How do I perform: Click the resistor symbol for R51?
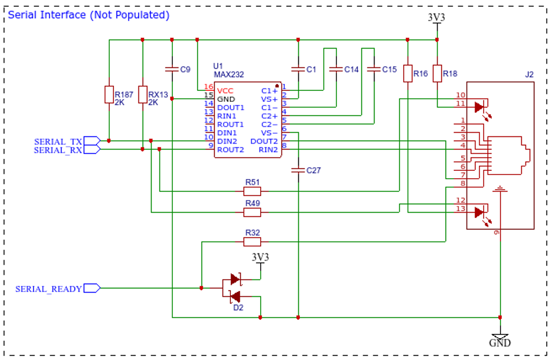(252, 191)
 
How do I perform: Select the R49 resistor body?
(252, 212)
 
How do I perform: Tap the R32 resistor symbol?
(252, 241)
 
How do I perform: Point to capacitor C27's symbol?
(298, 170)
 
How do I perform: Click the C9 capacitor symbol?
(172, 69)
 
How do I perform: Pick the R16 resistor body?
(407, 74)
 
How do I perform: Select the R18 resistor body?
(437, 74)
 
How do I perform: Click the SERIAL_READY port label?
(49, 289)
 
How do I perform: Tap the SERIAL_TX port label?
(58, 142)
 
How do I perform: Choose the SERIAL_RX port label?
(58, 150)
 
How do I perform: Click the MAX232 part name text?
(229, 75)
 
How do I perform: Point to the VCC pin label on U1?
(225, 91)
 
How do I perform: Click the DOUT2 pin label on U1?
(264, 141)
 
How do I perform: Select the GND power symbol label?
(500, 343)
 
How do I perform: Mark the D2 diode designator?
(238, 307)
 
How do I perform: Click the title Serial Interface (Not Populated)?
(89, 15)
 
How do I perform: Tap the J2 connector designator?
(529, 75)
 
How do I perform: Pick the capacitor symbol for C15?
(374, 69)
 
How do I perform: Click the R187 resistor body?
(109, 95)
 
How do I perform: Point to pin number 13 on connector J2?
(461, 208)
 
